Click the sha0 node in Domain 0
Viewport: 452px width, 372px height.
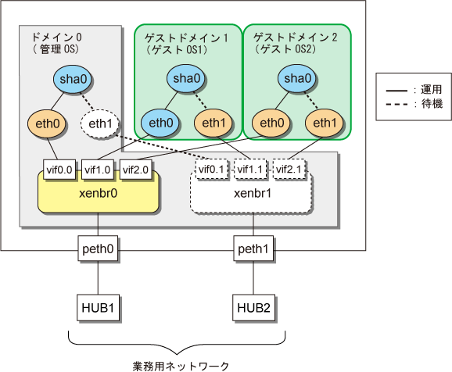point(72,79)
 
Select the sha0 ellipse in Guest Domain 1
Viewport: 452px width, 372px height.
point(185,78)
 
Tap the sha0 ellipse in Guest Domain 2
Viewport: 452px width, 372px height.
point(296,78)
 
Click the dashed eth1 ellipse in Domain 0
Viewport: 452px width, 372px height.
point(100,123)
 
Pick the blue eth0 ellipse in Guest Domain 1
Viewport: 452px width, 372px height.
point(160,123)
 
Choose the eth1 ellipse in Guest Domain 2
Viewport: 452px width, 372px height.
point(325,123)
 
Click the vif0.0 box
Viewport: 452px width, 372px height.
point(59,170)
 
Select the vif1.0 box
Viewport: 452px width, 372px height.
point(98,170)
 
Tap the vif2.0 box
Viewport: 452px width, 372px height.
point(135,170)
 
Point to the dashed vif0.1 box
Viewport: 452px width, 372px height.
point(211,169)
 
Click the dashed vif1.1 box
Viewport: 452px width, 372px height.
point(249,169)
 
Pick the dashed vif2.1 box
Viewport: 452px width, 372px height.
point(289,169)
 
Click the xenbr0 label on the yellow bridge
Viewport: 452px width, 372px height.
point(98,193)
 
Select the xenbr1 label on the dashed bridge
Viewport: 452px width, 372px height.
point(253,193)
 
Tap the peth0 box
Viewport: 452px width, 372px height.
point(98,249)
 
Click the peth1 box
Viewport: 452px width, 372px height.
point(253,249)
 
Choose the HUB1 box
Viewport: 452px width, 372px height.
point(98,307)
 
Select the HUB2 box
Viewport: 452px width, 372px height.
point(253,307)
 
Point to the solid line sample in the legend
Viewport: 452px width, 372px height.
point(396,91)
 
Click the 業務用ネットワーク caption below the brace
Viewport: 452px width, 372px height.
point(181,366)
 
